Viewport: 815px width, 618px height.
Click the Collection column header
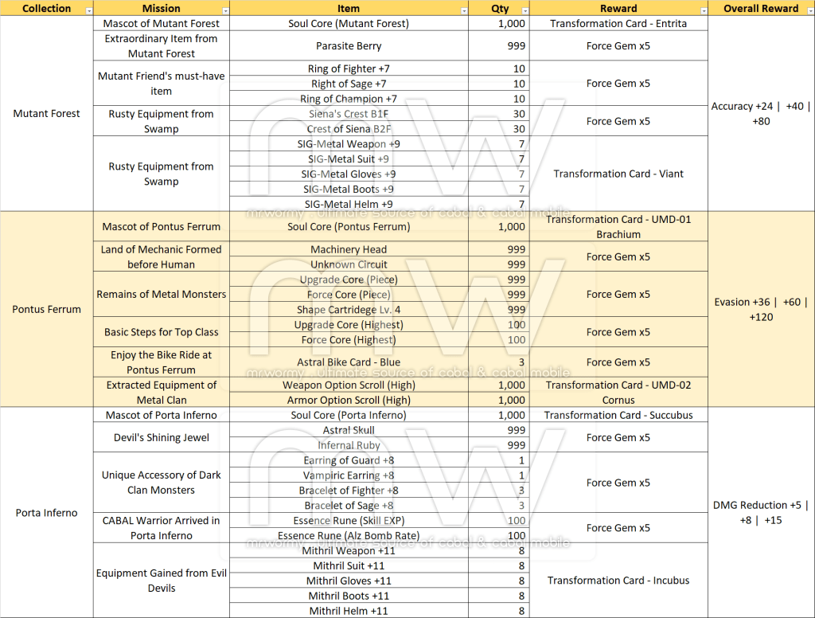(46, 9)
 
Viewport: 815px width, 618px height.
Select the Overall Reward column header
(761, 9)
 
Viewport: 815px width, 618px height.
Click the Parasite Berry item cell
(349, 46)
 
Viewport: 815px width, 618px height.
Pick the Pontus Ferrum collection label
(47, 309)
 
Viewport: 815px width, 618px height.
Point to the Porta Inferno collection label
(47, 513)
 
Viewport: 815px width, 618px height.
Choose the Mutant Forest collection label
(47, 114)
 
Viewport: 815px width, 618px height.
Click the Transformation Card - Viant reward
(618, 174)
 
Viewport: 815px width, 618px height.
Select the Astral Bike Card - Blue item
(349, 362)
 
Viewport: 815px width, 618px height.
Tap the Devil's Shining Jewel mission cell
(161, 437)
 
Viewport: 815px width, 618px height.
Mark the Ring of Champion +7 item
(349, 99)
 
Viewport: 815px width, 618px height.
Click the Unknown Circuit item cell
(349, 264)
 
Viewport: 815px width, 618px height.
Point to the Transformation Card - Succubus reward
(618, 415)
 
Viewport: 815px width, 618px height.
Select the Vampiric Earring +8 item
(349, 475)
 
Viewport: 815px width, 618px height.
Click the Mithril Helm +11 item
(349, 611)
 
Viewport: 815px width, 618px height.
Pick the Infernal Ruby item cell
(349, 445)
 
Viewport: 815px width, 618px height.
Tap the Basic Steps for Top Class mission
(161, 332)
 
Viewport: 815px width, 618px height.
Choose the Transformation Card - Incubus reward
(618, 581)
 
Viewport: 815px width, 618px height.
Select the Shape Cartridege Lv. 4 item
(349, 310)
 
